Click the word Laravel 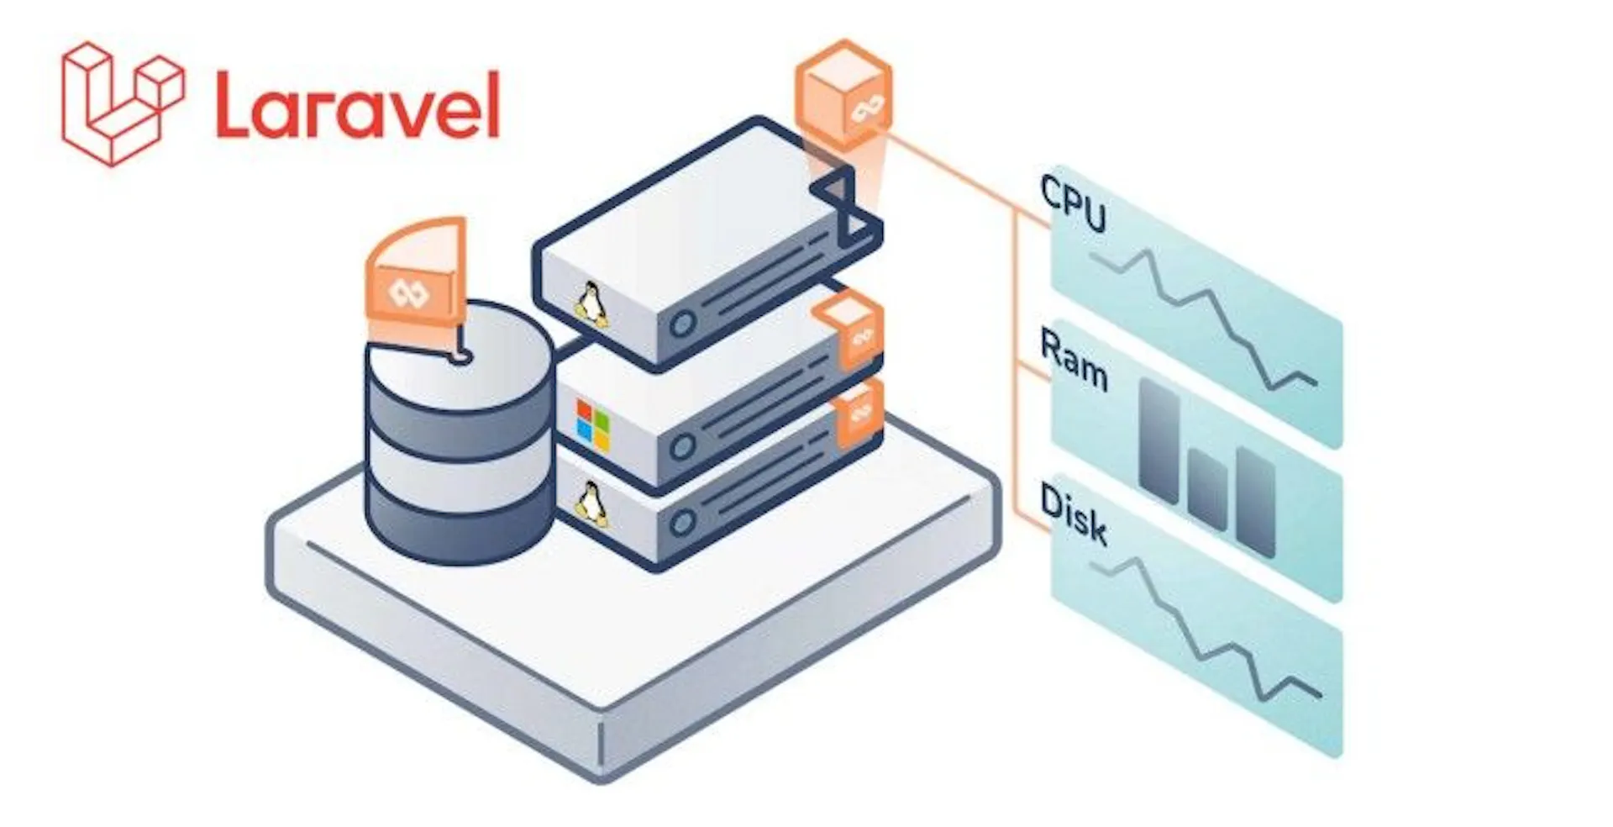pyautogui.click(x=358, y=105)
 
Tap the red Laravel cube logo pyautogui.click(x=123, y=103)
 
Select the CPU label pyautogui.click(x=1073, y=203)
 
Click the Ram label pyautogui.click(x=1073, y=359)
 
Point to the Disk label pyautogui.click(x=1073, y=513)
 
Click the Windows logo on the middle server pyautogui.click(x=593, y=424)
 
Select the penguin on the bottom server pyautogui.click(x=591, y=504)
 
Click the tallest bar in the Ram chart pyautogui.click(x=1159, y=440)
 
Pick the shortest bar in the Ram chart pyautogui.click(x=1208, y=490)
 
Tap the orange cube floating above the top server pyautogui.click(x=843, y=95)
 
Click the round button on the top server pyautogui.click(x=682, y=323)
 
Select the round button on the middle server pyautogui.click(x=682, y=446)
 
